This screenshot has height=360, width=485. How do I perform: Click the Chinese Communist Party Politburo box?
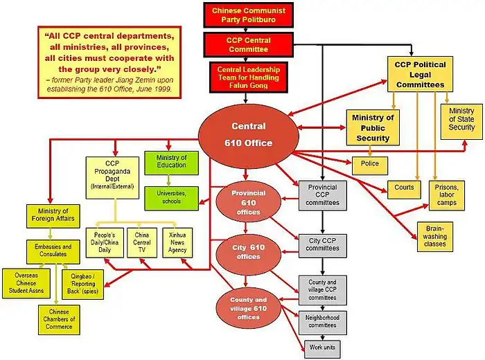pyautogui.click(x=249, y=15)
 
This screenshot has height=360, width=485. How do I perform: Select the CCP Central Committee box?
pyautogui.click(x=249, y=46)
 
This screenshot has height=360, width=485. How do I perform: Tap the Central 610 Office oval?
pyautogui.click(x=248, y=135)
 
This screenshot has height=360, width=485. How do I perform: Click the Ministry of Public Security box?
pyautogui.click(x=373, y=127)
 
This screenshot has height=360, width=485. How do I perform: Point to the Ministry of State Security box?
pyautogui.click(x=461, y=119)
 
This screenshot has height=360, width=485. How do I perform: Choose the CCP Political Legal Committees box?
pyautogui.click(x=420, y=75)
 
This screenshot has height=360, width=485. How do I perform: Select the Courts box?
pyautogui.click(x=405, y=188)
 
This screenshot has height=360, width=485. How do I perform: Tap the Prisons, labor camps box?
pyautogui.click(x=447, y=194)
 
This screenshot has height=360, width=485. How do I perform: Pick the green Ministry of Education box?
pyautogui.click(x=171, y=162)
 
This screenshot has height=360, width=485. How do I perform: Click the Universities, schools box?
pyautogui.click(x=171, y=197)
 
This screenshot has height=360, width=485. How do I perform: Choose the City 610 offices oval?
pyautogui.click(x=248, y=252)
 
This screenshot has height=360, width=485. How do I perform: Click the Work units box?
pyautogui.click(x=321, y=346)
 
